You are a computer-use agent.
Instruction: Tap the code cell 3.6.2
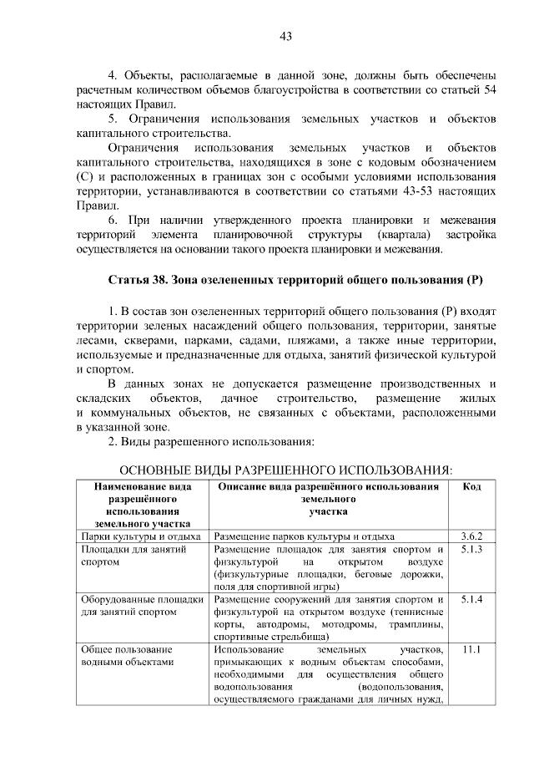tap(471, 536)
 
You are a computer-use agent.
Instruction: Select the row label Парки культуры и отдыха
tap(141, 536)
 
